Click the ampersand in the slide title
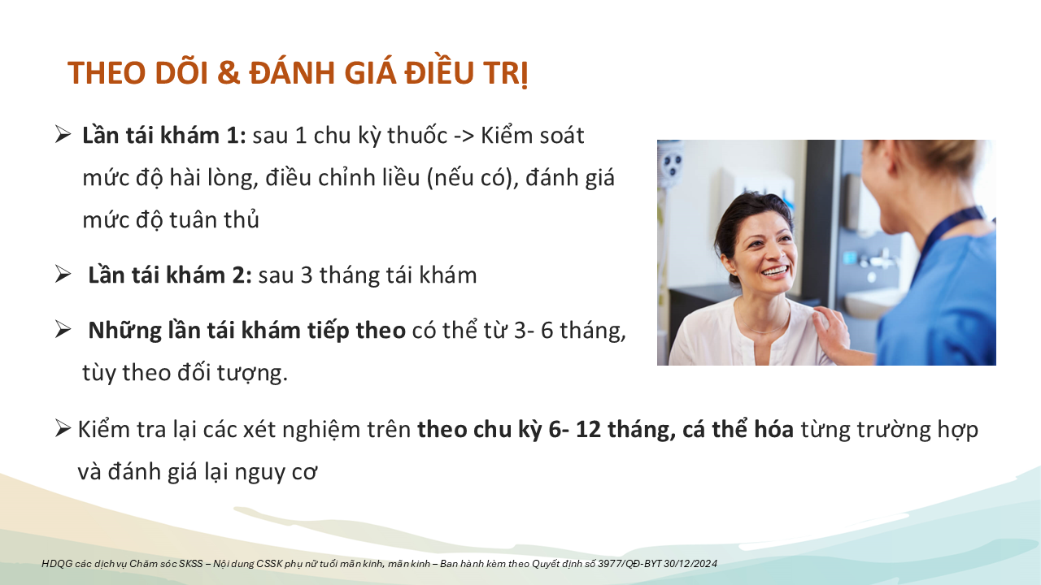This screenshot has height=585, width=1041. (x=229, y=73)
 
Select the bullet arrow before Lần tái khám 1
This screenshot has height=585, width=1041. (x=63, y=134)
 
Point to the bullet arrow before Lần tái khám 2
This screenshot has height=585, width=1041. (x=63, y=274)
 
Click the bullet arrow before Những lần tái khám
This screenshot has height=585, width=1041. (x=63, y=329)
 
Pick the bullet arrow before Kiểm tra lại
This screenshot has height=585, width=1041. (x=63, y=428)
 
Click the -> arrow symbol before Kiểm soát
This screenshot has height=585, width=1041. (x=464, y=136)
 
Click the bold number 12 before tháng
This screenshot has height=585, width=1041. (x=588, y=430)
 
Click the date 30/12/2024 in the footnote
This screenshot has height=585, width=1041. (x=690, y=564)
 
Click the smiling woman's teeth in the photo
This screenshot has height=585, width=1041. (x=775, y=271)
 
